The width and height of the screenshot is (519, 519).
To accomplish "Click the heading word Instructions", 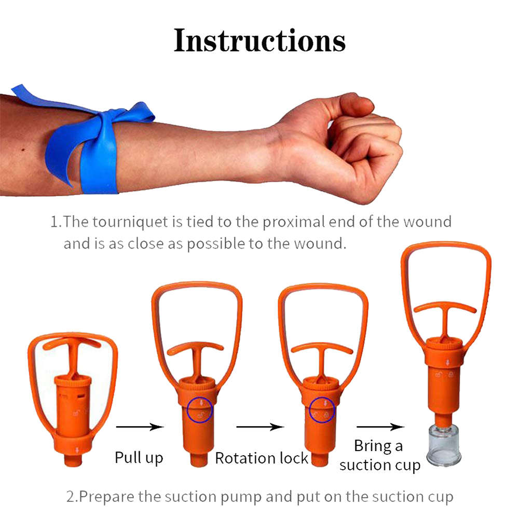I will point(259,40).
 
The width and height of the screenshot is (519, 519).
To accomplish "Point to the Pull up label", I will point(139,458).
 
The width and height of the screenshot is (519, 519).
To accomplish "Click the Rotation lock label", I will point(262,458).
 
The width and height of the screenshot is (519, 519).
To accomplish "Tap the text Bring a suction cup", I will point(379,455).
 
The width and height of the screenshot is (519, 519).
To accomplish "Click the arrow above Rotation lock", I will point(260,427).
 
